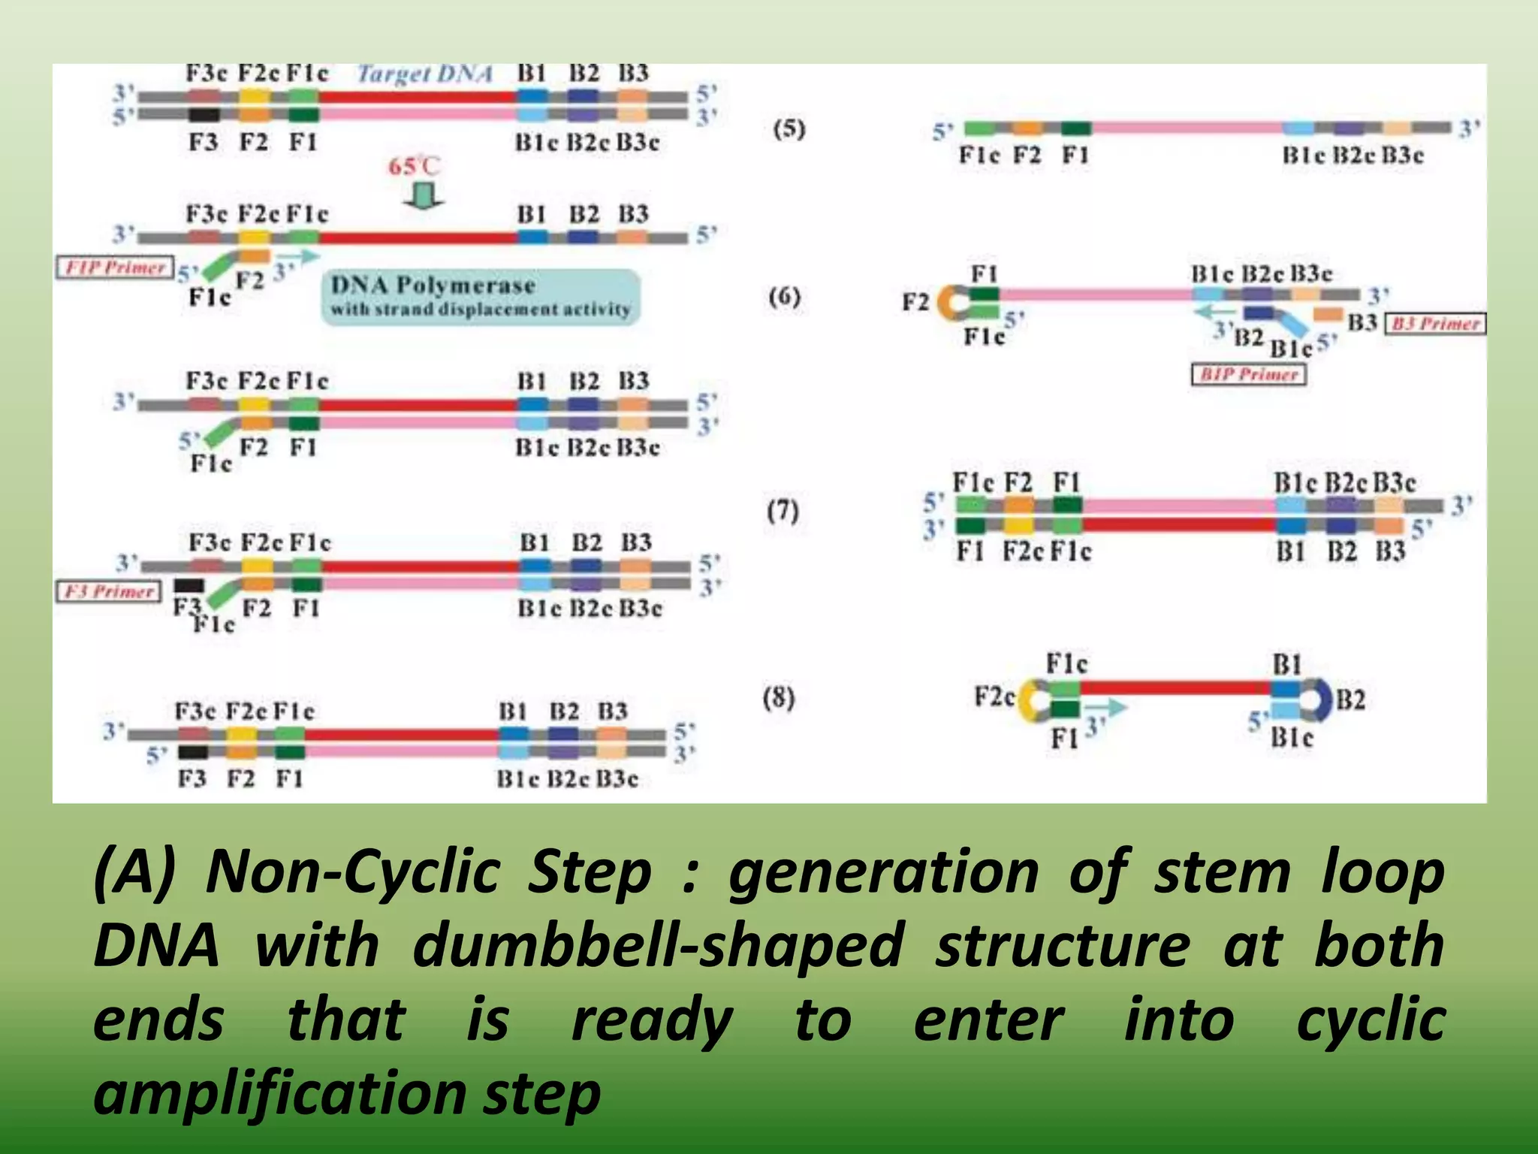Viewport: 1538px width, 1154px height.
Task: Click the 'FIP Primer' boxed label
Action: coord(115,267)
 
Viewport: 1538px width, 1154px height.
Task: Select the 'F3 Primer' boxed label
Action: coord(109,591)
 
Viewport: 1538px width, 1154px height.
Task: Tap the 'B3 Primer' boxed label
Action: coord(1434,324)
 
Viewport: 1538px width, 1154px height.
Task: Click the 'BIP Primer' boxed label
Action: coord(1249,374)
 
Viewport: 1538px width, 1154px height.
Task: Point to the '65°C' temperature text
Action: coord(414,166)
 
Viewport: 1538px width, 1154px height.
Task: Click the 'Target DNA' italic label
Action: coord(425,74)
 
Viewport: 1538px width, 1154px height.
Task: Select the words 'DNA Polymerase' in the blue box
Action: coord(433,285)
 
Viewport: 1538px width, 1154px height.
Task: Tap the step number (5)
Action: coord(789,129)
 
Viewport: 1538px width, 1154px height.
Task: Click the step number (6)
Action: coord(785,297)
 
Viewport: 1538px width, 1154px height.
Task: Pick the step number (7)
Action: coord(783,511)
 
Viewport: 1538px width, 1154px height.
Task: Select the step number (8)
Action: coord(779,698)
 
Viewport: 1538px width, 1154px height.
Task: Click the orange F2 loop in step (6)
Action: coord(949,303)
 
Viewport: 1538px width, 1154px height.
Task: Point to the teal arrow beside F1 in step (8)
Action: coord(1107,707)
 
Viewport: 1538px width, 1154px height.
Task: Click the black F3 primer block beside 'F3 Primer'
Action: coord(188,585)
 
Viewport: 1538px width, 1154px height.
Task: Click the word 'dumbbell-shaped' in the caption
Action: coord(658,945)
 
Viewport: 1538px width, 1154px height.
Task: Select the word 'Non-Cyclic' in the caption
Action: coord(354,872)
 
